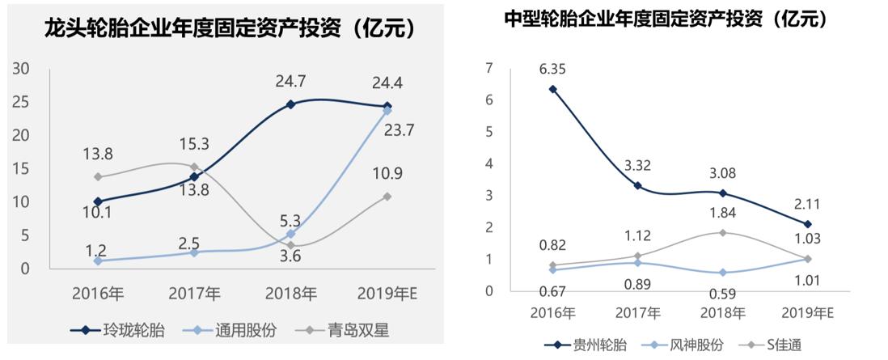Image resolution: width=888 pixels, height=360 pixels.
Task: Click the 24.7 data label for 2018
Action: pyautogui.click(x=290, y=80)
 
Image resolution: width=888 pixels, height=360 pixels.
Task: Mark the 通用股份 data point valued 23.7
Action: pyautogui.click(x=387, y=110)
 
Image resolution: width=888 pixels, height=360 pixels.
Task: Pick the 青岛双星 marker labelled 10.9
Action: pyautogui.click(x=387, y=196)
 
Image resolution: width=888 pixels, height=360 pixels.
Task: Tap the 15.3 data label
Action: pyautogui.click(x=194, y=144)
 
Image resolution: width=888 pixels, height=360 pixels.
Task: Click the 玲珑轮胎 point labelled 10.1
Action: pyautogui.click(x=98, y=201)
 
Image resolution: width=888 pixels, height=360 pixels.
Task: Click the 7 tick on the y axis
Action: pyautogui.click(x=487, y=69)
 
